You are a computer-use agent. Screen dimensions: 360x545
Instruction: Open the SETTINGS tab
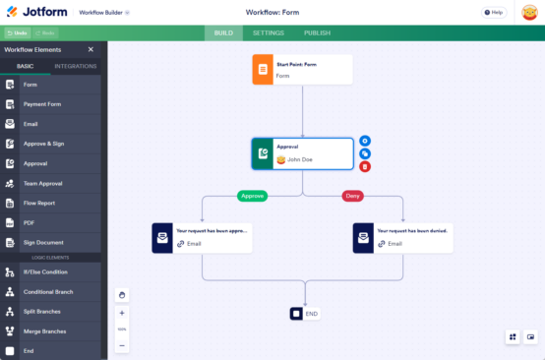tap(268, 32)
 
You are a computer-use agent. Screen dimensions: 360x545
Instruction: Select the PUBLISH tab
tap(317, 32)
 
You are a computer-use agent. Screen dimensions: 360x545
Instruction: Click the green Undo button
tap(16, 33)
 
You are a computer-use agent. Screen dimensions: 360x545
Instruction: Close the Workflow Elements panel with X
tap(91, 49)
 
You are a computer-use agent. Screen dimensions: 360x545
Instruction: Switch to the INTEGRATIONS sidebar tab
tap(76, 66)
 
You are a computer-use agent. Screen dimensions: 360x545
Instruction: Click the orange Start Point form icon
tap(263, 70)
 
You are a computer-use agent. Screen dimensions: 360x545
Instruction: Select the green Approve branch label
tap(253, 196)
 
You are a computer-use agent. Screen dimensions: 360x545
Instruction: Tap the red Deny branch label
tap(352, 196)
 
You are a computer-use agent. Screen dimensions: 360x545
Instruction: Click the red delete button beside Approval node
tap(365, 167)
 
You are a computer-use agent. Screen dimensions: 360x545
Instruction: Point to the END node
tap(305, 314)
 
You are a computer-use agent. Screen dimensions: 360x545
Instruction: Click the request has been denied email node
tap(403, 237)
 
